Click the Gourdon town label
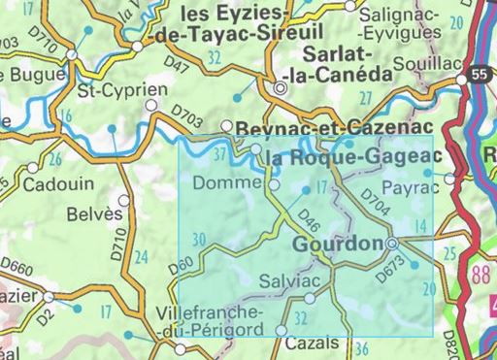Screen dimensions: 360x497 [x=339, y=245]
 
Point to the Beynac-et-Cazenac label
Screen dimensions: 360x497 [x=316, y=127]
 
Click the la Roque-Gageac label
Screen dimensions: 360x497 [x=352, y=156]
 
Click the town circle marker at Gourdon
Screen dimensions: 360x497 [x=391, y=245]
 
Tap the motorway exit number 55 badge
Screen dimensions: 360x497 [x=476, y=74]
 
